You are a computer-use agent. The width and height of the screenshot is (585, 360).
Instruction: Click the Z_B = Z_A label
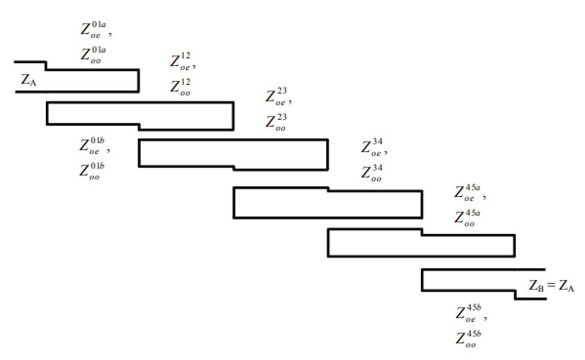551,286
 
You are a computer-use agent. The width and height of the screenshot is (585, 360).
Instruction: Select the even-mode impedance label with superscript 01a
94,29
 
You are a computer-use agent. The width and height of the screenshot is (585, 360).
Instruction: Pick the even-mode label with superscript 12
182,63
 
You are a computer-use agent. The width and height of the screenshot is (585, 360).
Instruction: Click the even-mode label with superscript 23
277,98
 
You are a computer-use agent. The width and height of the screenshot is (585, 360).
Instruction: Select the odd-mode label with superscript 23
276,123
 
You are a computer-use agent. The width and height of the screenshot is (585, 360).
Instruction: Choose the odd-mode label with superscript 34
372,173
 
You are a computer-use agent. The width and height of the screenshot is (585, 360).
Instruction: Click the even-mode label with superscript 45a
467,194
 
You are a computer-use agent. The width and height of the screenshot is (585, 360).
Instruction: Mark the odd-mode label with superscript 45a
467,218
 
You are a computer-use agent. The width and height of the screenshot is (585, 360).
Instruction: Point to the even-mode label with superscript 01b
93,146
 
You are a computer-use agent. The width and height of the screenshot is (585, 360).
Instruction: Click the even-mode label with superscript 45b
470,313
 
